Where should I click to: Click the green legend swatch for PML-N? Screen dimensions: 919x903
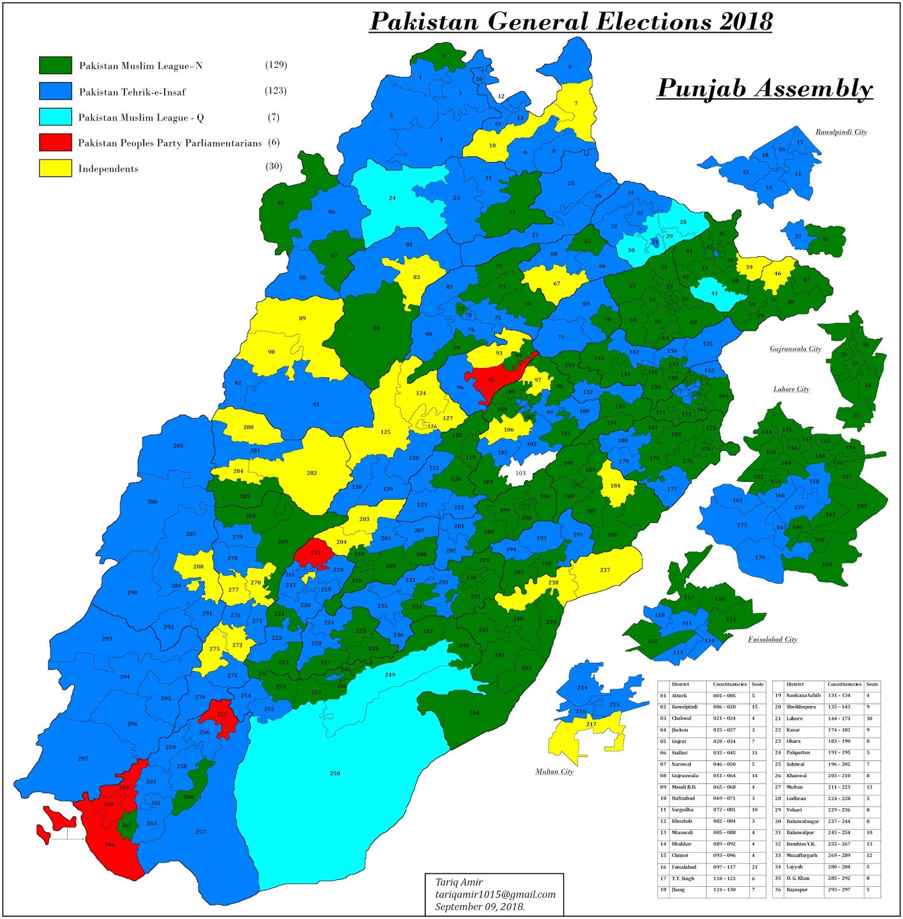55,65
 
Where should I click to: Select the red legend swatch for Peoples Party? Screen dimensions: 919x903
55,142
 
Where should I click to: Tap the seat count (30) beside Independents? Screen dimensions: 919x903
274,167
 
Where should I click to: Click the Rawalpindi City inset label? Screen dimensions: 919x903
841,132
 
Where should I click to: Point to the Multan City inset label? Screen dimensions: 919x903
554,771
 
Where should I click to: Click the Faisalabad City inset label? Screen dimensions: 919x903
772,639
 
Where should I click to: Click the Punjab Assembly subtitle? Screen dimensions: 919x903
765,88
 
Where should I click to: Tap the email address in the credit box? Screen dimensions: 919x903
495,894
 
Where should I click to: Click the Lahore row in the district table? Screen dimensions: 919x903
795,719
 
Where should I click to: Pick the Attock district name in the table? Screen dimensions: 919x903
679,696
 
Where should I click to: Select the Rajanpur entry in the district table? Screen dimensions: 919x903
797,890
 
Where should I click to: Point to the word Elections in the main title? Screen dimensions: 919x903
654,22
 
